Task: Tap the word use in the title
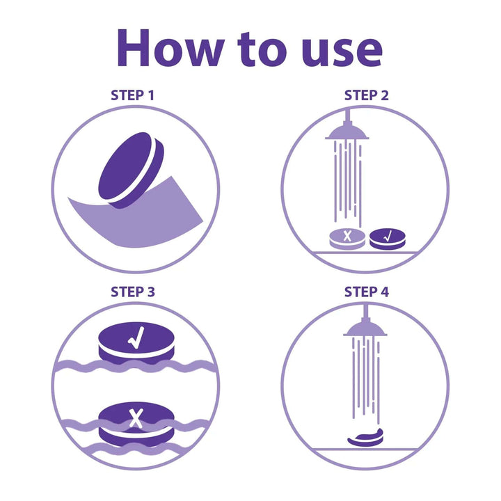tap(342, 51)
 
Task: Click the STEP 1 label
tap(133, 95)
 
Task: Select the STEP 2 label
tap(367, 95)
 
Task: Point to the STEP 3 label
tap(133, 292)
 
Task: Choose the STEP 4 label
tap(367, 292)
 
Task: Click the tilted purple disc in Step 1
tap(131, 170)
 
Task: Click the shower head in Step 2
tap(347, 132)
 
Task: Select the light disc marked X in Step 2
tap(347, 239)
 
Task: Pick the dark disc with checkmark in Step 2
tap(388, 239)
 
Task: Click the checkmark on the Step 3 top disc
tap(136, 337)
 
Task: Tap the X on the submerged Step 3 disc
tap(136, 418)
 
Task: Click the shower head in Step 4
tap(365, 328)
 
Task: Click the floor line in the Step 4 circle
tap(365, 450)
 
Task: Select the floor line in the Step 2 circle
tap(365, 253)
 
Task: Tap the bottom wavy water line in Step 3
tap(136, 448)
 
